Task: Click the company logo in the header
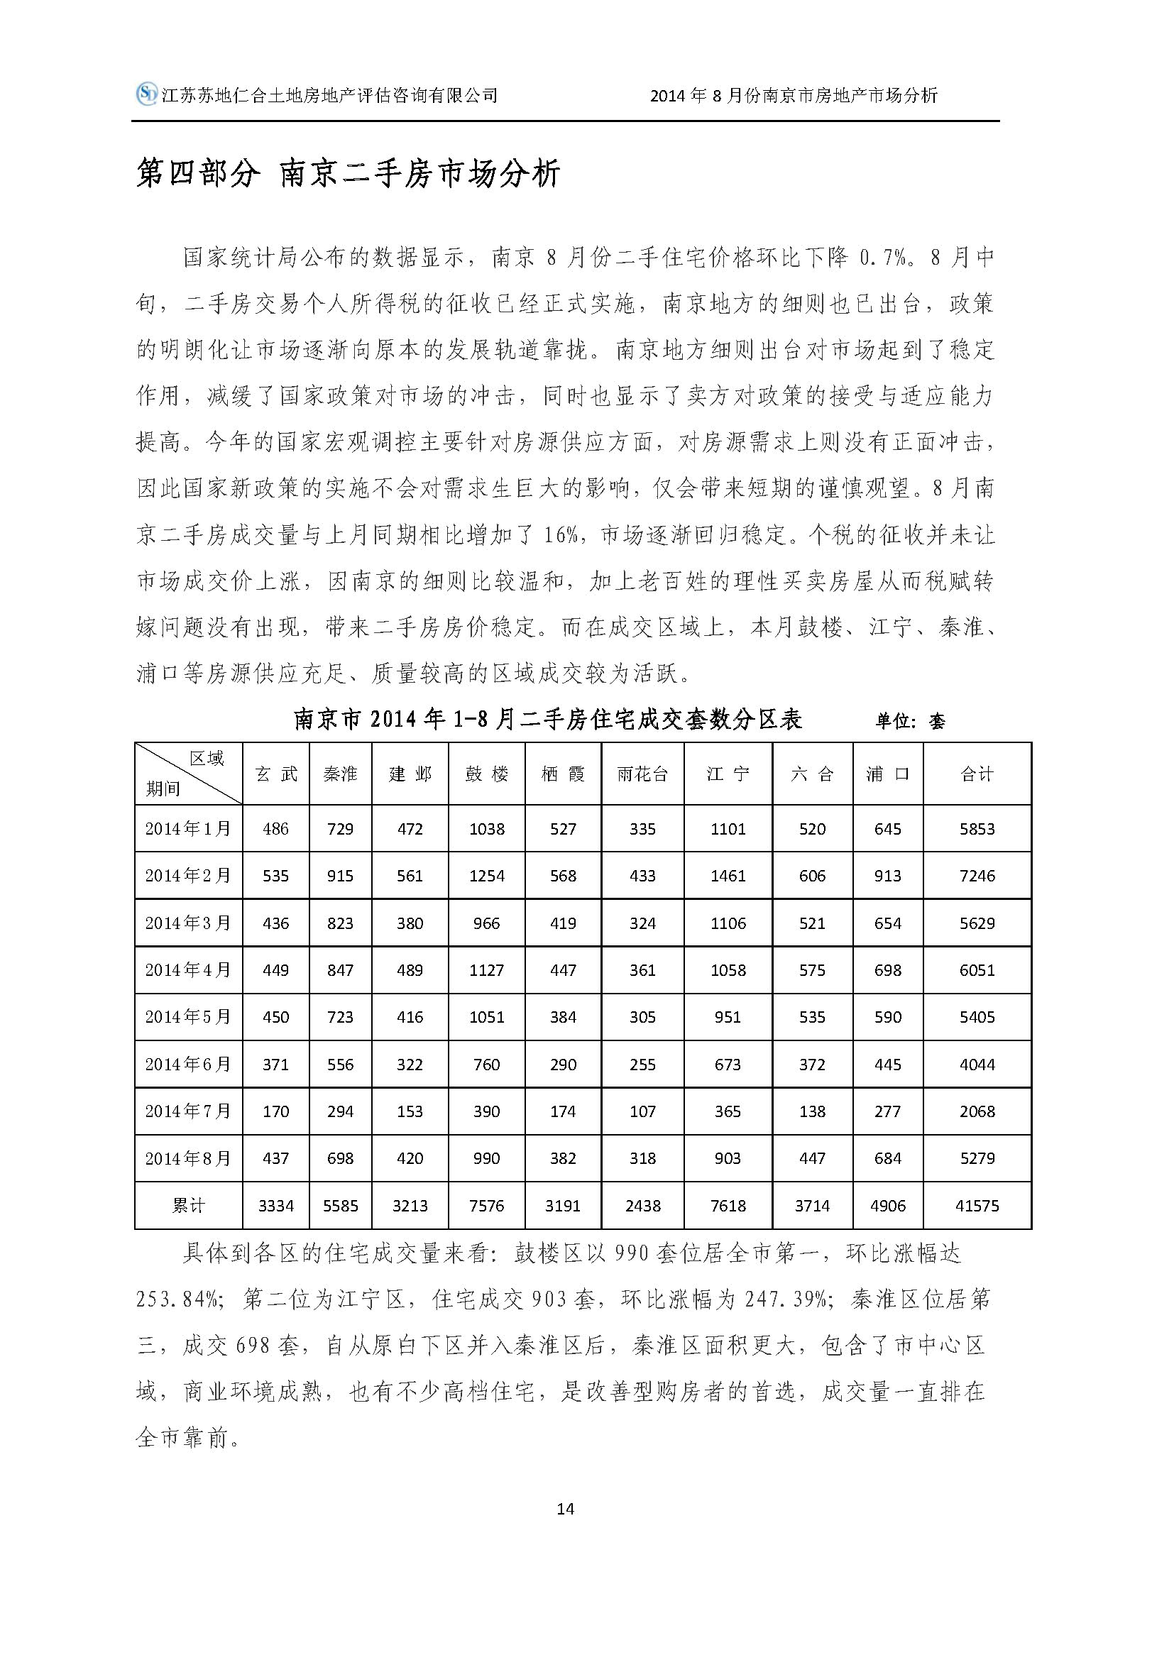(x=148, y=94)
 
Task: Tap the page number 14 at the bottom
(x=566, y=1508)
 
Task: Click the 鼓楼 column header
(x=486, y=774)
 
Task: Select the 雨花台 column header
(x=642, y=774)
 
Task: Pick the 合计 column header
(x=977, y=774)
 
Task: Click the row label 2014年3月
(x=188, y=923)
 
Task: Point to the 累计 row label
(x=188, y=1205)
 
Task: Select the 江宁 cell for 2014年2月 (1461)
(x=728, y=876)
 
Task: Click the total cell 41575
(x=977, y=1205)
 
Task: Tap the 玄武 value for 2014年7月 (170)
(x=275, y=1111)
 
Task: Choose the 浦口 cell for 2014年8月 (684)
(x=887, y=1158)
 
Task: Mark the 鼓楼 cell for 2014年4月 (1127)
(x=486, y=970)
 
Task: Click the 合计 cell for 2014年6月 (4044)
(x=977, y=1065)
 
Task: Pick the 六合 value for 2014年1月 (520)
(x=812, y=828)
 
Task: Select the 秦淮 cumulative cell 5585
(x=340, y=1205)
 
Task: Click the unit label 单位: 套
(x=910, y=721)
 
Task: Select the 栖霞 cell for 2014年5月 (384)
(x=562, y=1017)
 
